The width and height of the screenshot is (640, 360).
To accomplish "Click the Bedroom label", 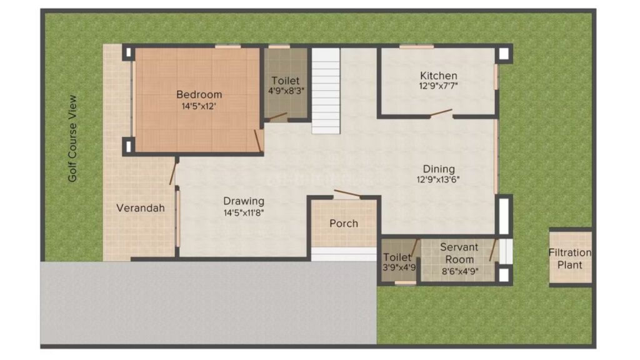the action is (199, 95).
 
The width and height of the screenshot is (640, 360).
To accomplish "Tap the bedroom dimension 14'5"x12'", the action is (199, 106).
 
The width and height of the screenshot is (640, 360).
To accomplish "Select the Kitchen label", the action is (439, 76).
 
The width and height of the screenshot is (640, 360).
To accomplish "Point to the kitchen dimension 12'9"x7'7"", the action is (438, 86).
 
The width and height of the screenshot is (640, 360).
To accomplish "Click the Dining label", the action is (439, 169).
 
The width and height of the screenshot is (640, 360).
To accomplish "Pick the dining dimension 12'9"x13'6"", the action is (438, 179).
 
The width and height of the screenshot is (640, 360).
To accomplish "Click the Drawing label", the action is (244, 201).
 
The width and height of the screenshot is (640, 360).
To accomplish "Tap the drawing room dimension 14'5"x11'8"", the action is (244, 212).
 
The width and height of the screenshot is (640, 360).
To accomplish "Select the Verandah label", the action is (141, 208).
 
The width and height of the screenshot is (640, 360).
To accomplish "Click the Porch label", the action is (344, 224).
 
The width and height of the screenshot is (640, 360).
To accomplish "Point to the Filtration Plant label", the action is (570, 259).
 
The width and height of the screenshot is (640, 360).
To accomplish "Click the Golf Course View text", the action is (72, 138).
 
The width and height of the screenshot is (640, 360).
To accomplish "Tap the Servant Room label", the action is (459, 254).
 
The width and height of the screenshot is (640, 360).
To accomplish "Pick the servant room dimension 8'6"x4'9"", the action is (460, 271).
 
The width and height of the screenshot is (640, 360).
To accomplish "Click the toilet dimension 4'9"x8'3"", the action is (286, 91).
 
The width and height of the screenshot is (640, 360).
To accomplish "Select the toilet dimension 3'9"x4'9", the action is (399, 267).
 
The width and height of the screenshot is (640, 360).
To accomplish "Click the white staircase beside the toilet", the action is (326, 91).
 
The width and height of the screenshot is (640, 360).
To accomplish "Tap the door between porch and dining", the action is (347, 194).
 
